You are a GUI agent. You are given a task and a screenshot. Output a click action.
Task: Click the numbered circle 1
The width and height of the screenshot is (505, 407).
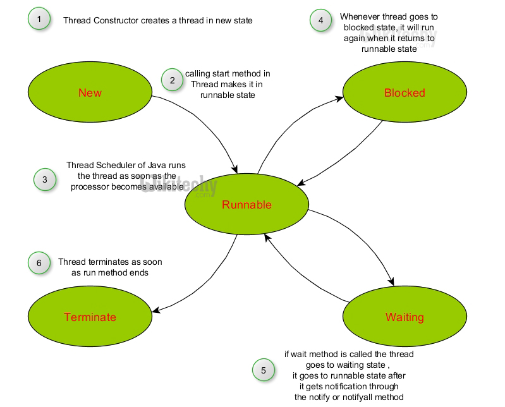(x=39, y=20)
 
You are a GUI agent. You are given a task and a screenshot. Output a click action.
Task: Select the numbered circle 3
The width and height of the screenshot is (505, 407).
(x=44, y=179)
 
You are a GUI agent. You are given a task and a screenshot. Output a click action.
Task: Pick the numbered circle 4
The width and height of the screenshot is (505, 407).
(x=320, y=20)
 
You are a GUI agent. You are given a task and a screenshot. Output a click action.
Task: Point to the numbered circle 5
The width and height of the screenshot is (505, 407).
(x=264, y=370)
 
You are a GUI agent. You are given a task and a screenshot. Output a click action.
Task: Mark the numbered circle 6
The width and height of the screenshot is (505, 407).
(x=39, y=262)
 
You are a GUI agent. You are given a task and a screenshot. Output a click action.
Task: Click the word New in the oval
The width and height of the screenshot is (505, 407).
(x=90, y=93)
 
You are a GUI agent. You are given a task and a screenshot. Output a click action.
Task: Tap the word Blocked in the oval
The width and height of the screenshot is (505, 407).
(x=405, y=93)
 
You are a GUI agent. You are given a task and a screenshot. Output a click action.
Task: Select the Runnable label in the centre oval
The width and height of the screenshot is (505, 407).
(x=246, y=204)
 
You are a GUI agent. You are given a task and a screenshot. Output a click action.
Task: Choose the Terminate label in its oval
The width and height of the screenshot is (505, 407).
(x=90, y=317)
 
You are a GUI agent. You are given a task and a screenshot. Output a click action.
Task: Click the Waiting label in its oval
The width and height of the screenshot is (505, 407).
(x=405, y=317)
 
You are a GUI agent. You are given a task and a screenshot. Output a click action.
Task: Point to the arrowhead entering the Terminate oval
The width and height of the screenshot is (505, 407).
(x=155, y=309)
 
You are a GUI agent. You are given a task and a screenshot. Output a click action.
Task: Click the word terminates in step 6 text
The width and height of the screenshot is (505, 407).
(x=110, y=262)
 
